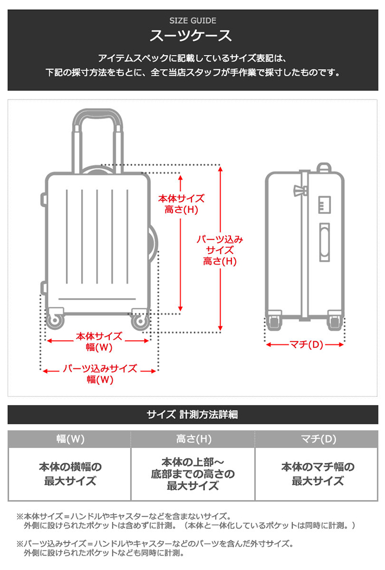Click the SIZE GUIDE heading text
click(x=192, y=21)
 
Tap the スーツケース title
click(x=192, y=36)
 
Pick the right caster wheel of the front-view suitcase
click(x=139, y=321)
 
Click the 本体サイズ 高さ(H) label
click(x=181, y=204)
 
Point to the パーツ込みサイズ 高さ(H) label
click(x=220, y=250)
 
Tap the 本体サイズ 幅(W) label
click(x=99, y=342)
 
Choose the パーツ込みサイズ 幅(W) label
click(x=100, y=374)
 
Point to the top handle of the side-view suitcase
click(x=324, y=168)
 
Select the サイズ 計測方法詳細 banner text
click(x=192, y=415)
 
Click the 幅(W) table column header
click(x=70, y=439)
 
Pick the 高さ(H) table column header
click(x=193, y=439)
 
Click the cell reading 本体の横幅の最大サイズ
click(x=70, y=474)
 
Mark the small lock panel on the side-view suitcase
click(x=324, y=205)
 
